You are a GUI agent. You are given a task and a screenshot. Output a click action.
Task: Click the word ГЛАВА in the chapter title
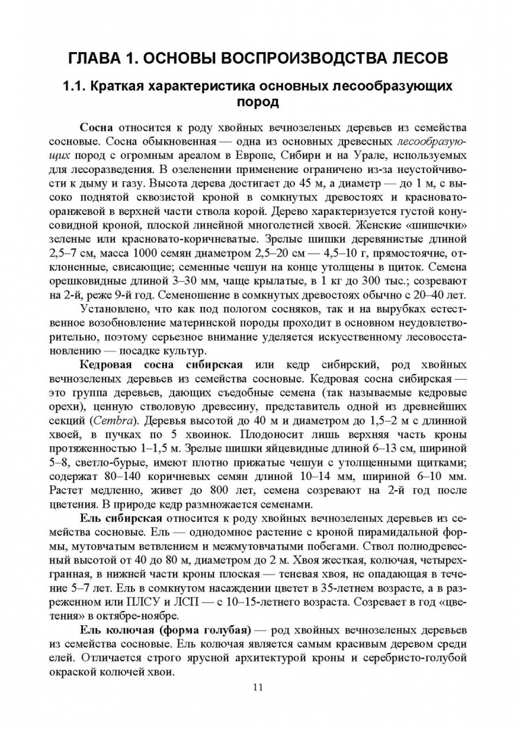[95, 58]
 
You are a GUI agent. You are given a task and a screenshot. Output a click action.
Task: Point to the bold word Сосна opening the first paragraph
[97, 128]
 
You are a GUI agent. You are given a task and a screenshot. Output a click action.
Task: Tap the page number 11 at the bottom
[257, 687]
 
